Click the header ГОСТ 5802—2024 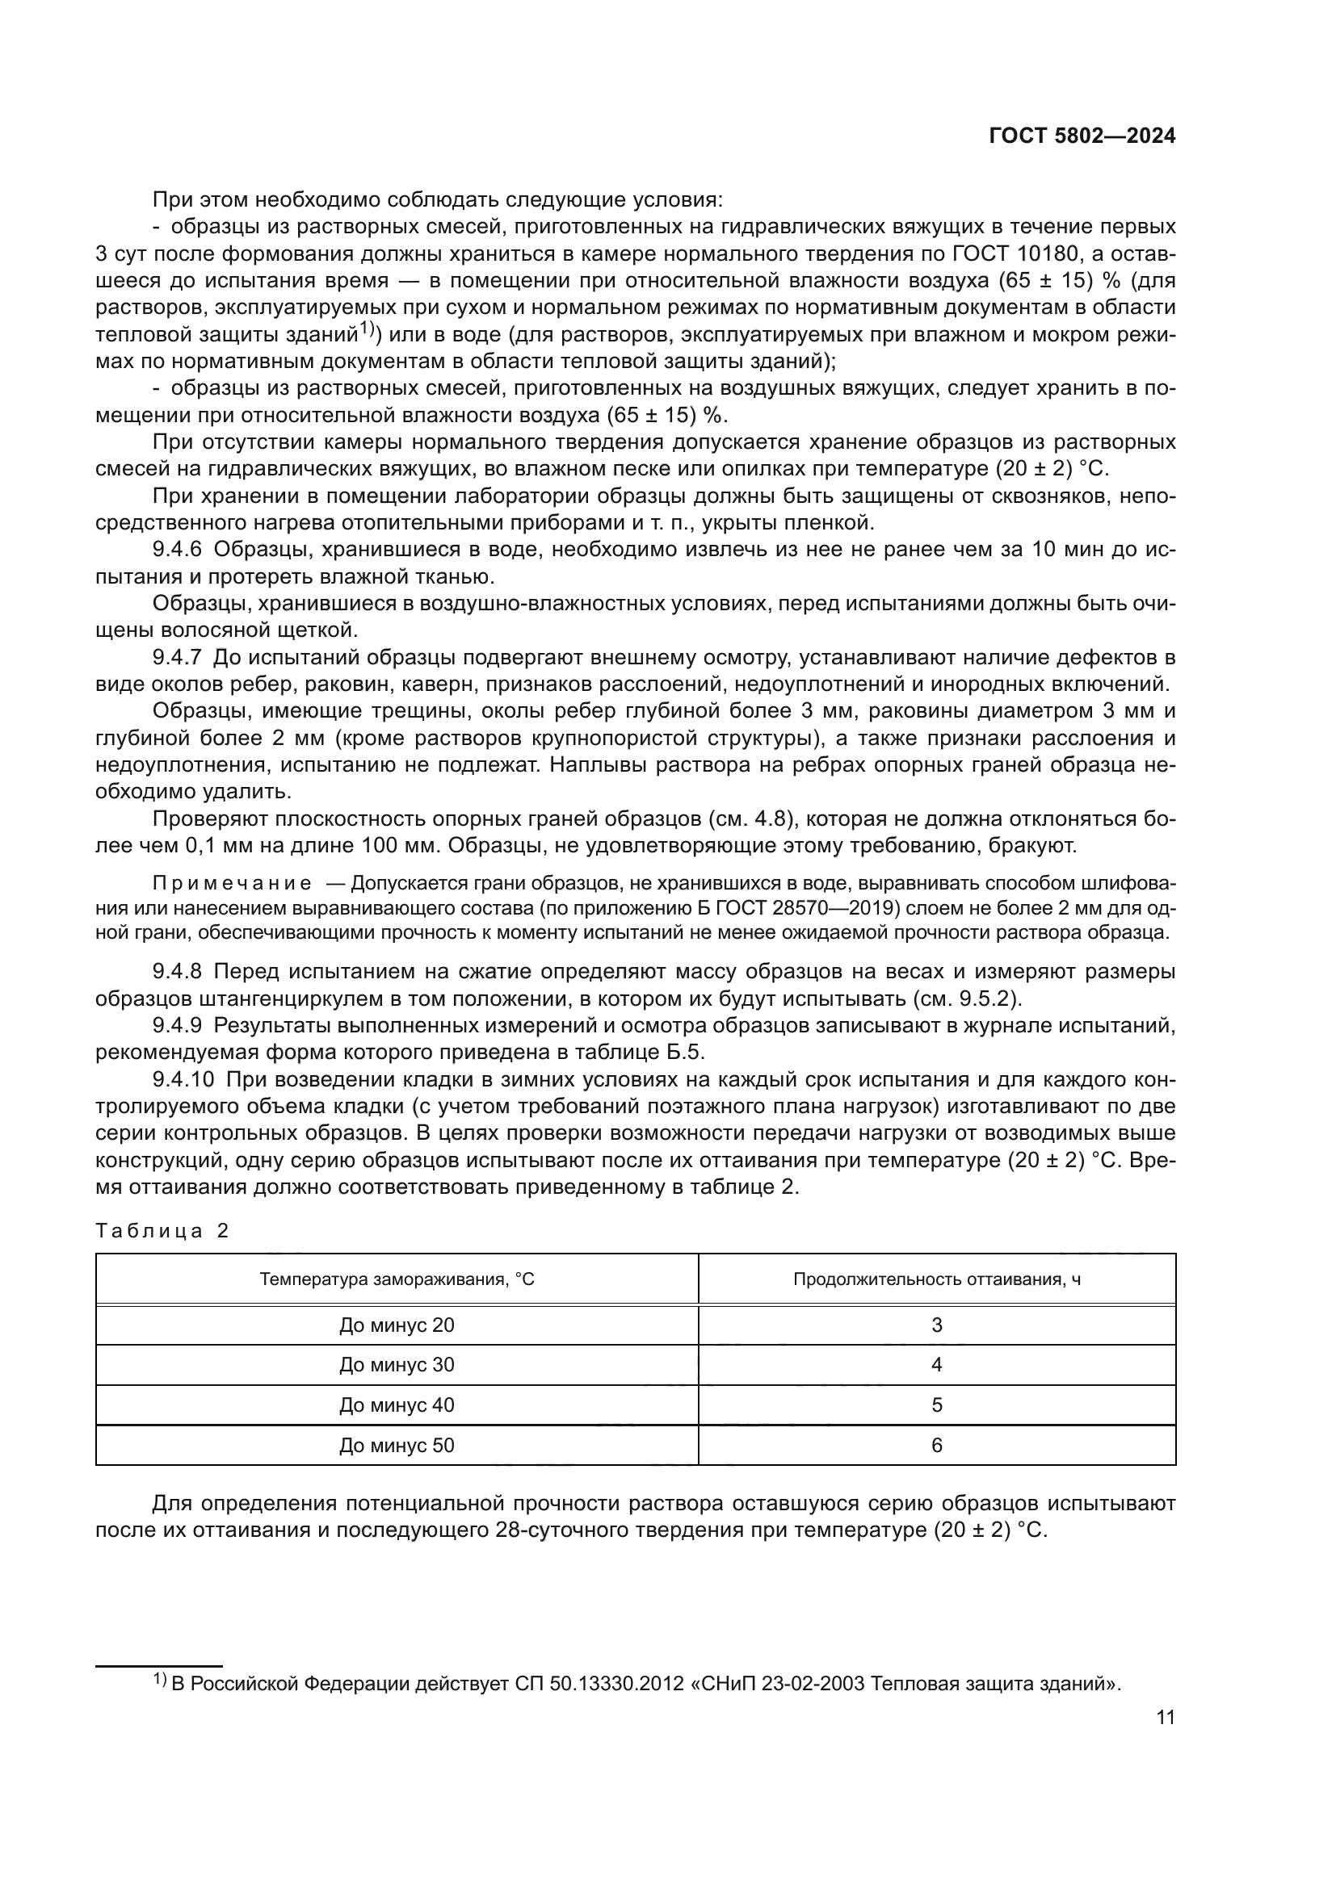pos(1082,136)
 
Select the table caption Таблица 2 pos(162,1231)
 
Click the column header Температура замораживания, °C pos(397,1279)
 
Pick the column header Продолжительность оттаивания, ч pos(936,1279)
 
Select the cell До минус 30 pos(397,1365)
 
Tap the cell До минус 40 pos(397,1405)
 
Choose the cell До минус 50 pos(397,1446)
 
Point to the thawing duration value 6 pos(936,1446)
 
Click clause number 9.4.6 pos(177,550)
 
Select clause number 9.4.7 pos(177,657)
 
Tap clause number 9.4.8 pos(177,972)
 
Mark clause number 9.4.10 pos(183,1080)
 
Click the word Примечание pos(233,884)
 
